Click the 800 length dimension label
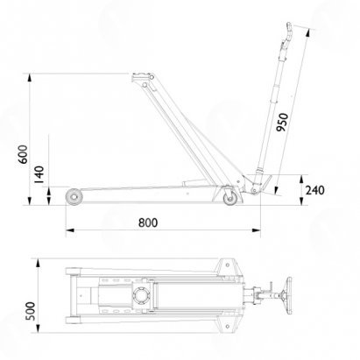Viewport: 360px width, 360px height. [148, 222]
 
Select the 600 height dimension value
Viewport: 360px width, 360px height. [24, 154]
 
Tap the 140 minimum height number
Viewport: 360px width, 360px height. [39, 174]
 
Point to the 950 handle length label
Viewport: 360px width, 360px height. [282, 122]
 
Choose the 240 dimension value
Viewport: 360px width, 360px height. [315, 190]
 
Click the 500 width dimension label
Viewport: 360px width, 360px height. [31, 311]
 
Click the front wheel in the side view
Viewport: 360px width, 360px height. [74, 197]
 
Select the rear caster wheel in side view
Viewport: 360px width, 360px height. [229, 199]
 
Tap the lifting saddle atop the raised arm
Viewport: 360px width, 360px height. [143, 77]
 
